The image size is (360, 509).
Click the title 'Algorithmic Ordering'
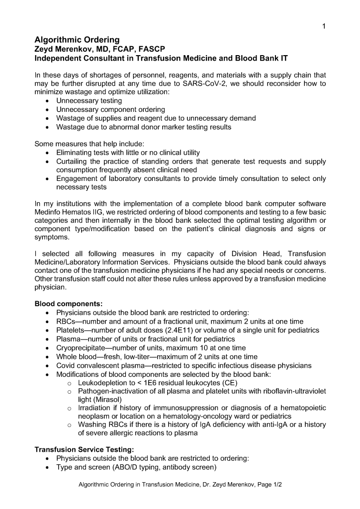click(x=77, y=40)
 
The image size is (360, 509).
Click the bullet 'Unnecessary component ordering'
click(x=110, y=109)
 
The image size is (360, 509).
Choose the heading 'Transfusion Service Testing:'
click(x=84, y=449)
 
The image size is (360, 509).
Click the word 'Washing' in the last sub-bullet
click(x=92, y=424)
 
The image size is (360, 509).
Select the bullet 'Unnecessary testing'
click(x=89, y=101)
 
